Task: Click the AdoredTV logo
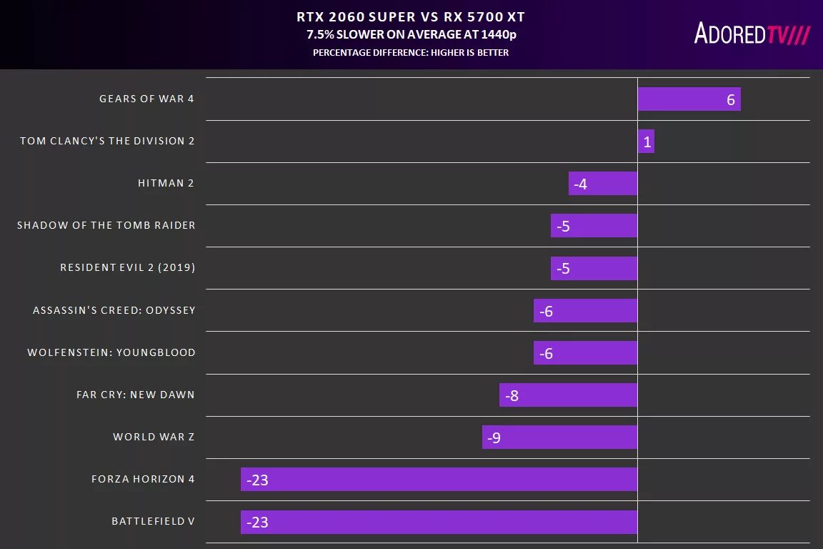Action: coord(752,33)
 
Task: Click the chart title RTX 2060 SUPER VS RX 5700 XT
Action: coord(411,16)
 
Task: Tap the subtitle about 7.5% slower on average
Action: coord(411,34)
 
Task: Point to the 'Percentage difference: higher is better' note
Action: coord(411,52)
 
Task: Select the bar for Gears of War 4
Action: coord(689,99)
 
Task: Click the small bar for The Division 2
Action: coord(646,142)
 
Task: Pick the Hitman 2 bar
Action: coord(603,184)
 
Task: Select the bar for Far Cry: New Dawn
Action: coord(568,395)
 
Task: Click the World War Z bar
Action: coord(559,437)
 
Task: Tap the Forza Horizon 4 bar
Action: coord(439,479)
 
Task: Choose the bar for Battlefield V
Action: coord(439,522)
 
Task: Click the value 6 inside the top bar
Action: coord(730,100)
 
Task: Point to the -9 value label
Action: coord(494,437)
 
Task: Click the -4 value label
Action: coord(580,184)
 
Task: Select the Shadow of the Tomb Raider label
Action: coord(106,225)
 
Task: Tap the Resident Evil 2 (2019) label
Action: coord(128,267)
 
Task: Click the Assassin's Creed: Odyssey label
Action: coord(114,310)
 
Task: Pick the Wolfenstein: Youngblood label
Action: coord(111,352)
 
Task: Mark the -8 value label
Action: coord(511,395)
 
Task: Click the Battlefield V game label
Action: coord(153,521)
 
